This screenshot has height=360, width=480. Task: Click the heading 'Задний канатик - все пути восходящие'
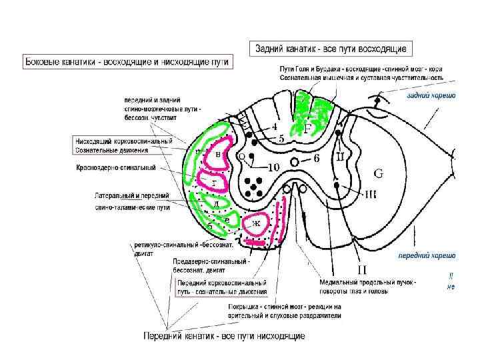[x=331, y=48]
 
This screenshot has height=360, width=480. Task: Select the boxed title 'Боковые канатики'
[x=127, y=62]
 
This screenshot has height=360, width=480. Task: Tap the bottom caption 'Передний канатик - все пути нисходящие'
[x=225, y=336]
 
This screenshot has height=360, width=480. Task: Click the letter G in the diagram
[x=378, y=174]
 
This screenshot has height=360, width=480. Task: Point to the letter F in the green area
[x=307, y=129]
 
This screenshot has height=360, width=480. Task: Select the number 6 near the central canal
[x=316, y=158]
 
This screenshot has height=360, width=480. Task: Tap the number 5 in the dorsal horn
[x=281, y=139]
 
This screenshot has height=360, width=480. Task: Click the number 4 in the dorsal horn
[x=274, y=125]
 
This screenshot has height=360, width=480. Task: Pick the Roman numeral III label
[x=371, y=194]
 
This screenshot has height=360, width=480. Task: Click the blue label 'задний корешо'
[x=431, y=95]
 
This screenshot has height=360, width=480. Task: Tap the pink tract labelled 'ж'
[x=256, y=223]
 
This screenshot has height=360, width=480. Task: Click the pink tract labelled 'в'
[x=217, y=154]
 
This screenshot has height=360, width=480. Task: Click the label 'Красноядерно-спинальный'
[x=116, y=167]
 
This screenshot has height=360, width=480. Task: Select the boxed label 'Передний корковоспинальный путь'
[x=222, y=287]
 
